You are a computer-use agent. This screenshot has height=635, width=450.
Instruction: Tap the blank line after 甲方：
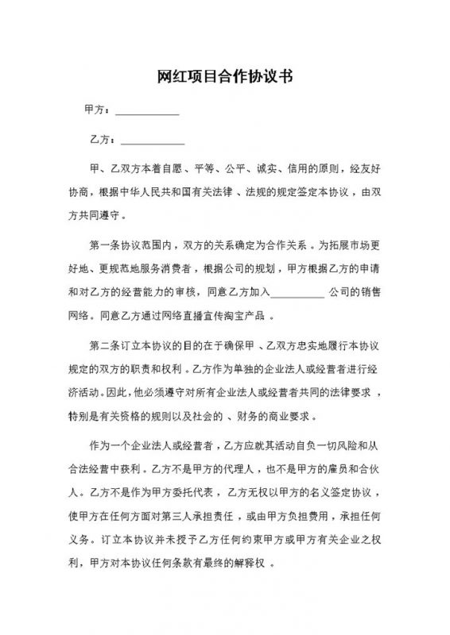pyautogui.click(x=147, y=112)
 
